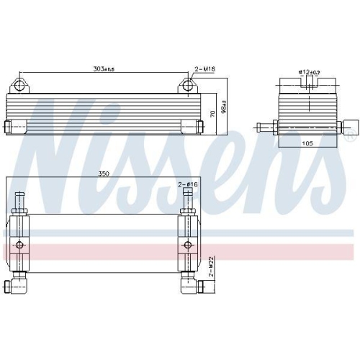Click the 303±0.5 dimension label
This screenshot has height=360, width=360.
(x=104, y=69)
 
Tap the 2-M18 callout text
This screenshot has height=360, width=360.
(x=205, y=69)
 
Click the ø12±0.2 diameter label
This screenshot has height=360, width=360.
(x=309, y=72)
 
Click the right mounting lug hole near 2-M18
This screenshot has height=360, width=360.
(x=188, y=86)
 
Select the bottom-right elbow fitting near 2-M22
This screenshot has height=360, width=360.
(x=201, y=289)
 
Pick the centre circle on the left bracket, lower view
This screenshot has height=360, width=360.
(x=20, y=249)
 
